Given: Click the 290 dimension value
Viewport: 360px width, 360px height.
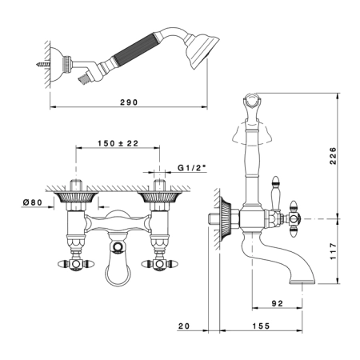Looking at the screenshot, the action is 129,102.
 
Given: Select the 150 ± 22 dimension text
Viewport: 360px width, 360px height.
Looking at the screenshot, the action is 118,143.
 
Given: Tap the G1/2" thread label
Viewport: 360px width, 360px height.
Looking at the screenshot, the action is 192,168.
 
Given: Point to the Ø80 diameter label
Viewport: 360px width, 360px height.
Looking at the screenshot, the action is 33,202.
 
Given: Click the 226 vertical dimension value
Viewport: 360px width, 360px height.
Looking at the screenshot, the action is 334,156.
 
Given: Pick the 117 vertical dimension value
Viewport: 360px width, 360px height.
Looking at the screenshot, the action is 334,251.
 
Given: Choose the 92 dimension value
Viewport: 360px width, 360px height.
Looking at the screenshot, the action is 278,303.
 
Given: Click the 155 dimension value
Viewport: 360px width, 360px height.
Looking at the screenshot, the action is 261,326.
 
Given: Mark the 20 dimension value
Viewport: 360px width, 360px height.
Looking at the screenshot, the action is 184,326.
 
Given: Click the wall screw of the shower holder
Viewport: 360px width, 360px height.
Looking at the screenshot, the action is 42,64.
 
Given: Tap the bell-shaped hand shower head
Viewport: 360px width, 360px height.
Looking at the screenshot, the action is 202,50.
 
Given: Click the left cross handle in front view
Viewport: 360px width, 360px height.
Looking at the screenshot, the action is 76,264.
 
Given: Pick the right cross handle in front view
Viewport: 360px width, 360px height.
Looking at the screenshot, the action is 159,264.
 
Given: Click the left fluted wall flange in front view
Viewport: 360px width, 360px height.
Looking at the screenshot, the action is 76,197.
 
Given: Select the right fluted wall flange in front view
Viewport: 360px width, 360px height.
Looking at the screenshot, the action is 159,197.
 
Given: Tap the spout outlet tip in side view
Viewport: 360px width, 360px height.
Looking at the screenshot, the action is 302,282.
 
